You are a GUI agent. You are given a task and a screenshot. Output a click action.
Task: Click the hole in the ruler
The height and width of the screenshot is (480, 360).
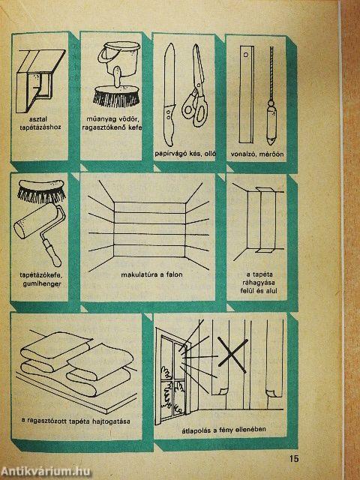[245, 55]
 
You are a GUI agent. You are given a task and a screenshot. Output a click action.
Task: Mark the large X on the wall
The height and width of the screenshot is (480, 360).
[232, 355]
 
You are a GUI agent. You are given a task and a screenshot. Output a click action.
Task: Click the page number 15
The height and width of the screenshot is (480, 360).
[293, 458]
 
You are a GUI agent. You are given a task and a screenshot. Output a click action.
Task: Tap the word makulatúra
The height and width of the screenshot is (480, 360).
[136, 274]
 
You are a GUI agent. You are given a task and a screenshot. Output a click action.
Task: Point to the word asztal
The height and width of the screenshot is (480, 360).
[39, 118]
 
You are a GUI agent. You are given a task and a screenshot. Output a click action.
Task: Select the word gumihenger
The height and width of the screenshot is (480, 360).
[42, 284]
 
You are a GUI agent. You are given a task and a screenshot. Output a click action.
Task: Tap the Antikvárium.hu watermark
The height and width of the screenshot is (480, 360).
[46, 472]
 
